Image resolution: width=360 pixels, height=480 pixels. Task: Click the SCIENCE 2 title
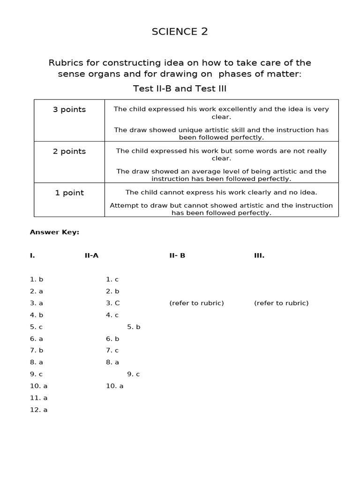pos(180,32)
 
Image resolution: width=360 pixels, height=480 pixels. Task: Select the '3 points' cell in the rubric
pos(69,110)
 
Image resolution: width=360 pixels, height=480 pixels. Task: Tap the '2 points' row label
pos(69,151)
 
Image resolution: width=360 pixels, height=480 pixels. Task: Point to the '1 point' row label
pos(69,193)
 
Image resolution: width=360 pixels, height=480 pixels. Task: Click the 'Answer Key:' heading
pos(54,232)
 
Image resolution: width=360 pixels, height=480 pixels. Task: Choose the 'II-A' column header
pos(91,255)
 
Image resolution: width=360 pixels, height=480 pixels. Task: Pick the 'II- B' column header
pos(177,255)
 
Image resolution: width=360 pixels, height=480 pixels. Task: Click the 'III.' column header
pos(259,255)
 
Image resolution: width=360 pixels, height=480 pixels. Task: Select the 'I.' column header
pos(32,255)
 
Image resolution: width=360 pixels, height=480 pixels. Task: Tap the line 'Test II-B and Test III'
pos(180,89)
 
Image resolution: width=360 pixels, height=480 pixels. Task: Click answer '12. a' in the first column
pos(39,410)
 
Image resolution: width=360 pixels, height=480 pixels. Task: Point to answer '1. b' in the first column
pos(37,279)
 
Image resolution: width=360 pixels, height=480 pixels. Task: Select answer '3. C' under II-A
pos(113,303)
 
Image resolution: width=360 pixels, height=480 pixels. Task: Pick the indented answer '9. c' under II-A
pos(134,374)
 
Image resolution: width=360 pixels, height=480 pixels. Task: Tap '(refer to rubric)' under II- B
pos(196,303)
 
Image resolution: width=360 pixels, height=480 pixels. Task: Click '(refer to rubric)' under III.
pos(281,303)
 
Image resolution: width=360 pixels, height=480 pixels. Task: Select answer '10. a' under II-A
pos(115,386)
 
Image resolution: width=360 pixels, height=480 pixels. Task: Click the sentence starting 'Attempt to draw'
pos(221,209)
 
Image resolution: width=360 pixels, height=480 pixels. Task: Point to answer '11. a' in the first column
pos(39,398)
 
